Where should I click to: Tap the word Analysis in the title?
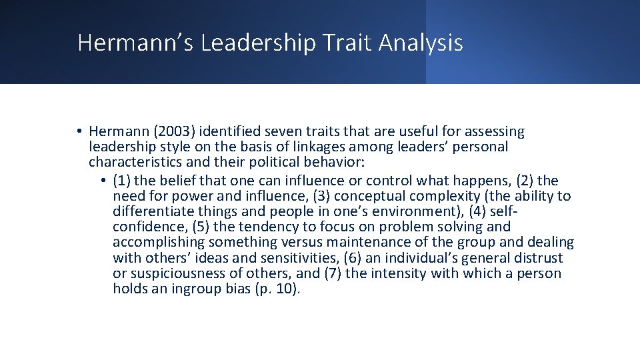[421, 43]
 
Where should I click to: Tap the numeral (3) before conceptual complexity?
[343, 196]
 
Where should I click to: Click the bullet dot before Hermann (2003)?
[79, 131]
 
